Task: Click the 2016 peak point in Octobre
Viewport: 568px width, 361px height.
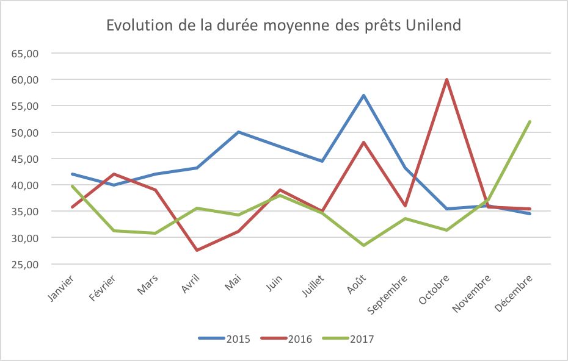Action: [447, 79]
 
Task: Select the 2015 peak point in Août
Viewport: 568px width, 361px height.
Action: [364, 95]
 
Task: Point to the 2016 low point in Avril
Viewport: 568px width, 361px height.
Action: [197, 250]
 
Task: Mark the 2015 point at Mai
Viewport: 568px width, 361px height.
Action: [239, 132]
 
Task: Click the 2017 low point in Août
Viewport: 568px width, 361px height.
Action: [364, 245]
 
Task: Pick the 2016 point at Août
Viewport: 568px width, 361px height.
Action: [364, 142]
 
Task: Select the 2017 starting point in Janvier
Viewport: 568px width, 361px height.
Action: [72, 186]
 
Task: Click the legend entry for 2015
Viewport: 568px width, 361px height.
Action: [224, 339]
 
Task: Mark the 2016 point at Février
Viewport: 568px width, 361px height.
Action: [114, 174]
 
